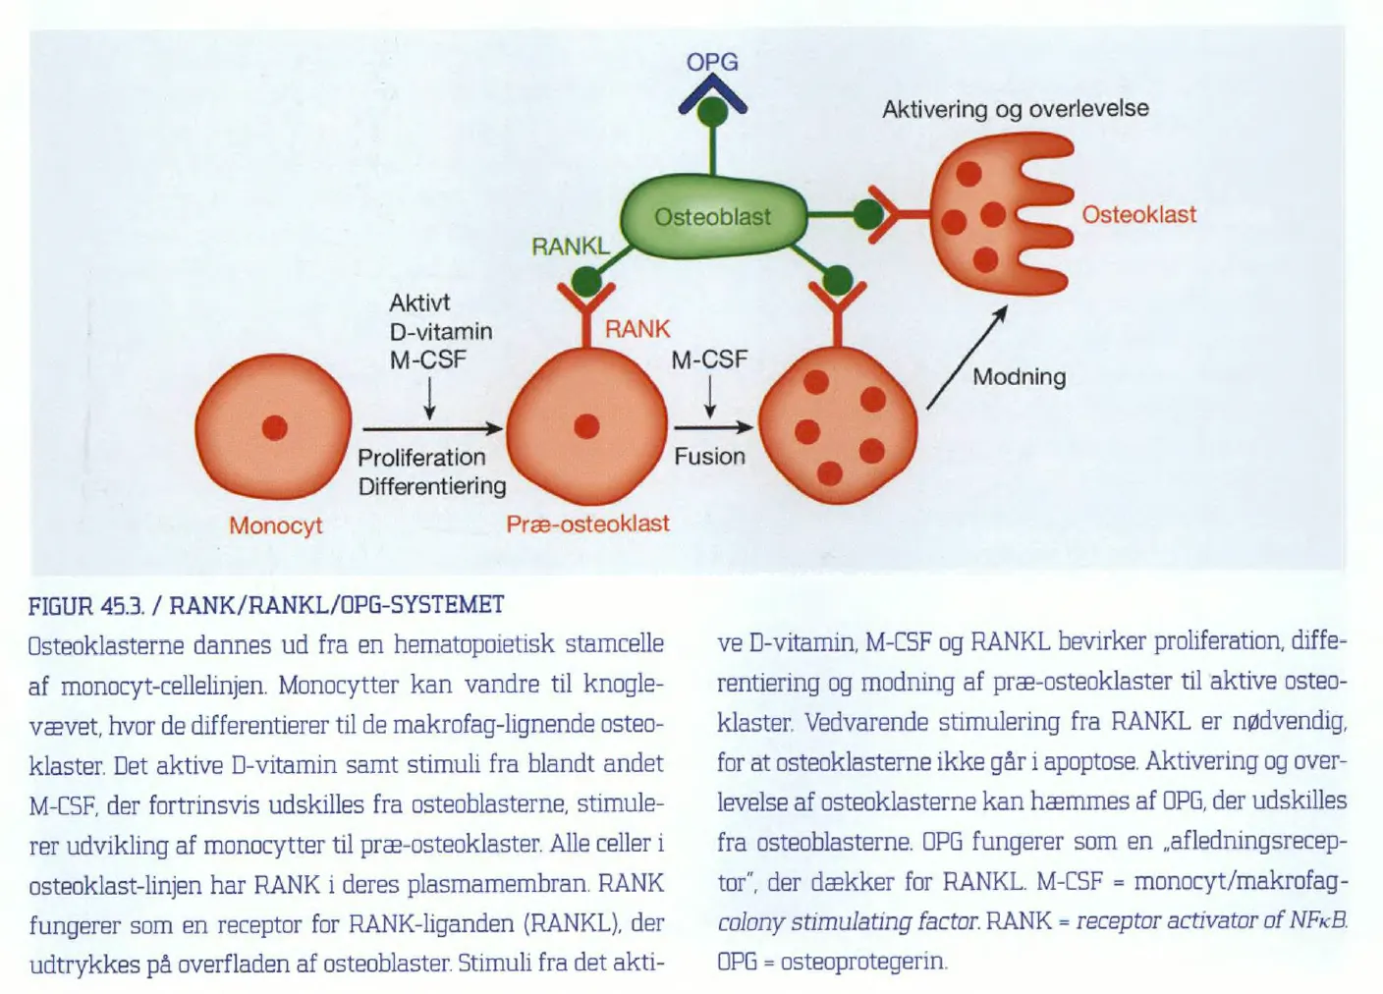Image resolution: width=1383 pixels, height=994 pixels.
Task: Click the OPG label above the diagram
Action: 712,62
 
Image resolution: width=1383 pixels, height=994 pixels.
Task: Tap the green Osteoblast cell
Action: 713,216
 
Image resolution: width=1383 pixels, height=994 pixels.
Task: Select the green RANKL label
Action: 571,247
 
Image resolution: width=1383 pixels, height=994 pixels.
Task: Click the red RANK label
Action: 637,329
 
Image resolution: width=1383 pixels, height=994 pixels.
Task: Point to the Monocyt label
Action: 275,525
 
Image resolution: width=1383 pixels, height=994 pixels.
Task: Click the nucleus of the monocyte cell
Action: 275,428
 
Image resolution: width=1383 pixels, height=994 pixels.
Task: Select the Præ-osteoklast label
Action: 587,524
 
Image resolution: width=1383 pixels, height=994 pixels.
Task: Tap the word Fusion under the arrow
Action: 709,457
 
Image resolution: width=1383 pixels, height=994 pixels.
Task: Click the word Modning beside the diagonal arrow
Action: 1020,376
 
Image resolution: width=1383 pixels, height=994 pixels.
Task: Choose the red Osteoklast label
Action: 1139,215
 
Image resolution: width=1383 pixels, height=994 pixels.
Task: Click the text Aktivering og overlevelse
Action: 1016,109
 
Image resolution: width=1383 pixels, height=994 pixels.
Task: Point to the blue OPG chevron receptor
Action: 712,94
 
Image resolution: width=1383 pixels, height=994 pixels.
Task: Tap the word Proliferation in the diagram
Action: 421,458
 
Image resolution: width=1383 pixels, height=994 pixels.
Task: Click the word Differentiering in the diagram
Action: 432,486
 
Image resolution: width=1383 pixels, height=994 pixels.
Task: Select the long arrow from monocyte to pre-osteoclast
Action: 433,428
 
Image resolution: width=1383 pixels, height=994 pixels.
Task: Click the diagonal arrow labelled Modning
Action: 967,358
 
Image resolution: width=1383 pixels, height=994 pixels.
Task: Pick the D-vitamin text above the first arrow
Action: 441,332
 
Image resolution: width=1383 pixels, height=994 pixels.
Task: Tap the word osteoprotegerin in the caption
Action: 863,962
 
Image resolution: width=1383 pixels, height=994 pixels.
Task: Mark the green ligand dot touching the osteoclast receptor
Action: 868,215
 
